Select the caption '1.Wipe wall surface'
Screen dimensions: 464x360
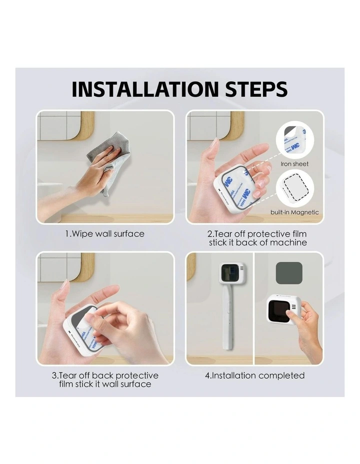(x=105, y=233)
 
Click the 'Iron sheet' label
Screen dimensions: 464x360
(x=294, y=164)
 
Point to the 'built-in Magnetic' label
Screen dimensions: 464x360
(x=294, y=212)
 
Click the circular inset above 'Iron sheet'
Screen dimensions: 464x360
(x=294, y=140)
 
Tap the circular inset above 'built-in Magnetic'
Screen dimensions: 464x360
(x=294, y=189)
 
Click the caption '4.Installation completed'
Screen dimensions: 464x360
(x=254, y=375)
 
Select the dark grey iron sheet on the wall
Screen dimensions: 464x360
(x=289, y=272)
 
